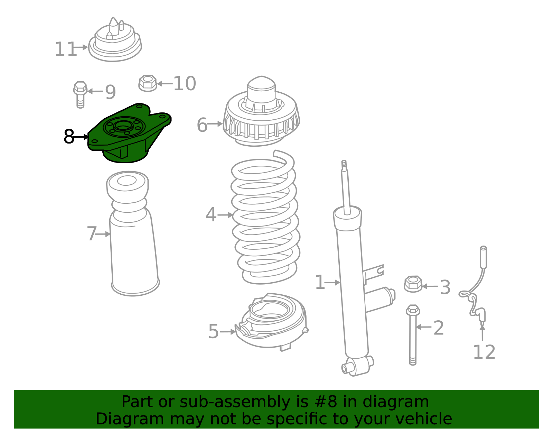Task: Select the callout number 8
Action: [x=69, y=137]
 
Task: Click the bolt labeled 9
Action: [x=80, y=94]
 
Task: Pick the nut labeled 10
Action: [x=148, y=83]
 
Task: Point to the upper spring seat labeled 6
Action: [x=261, y=114]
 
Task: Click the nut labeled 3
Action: [x=413, y=284]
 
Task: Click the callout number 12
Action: [x=484, y=352]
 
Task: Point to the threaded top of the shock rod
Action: [x=344, y=165]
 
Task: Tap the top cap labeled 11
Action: [x=115, y=42]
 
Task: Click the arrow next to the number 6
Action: [x=215, y=123]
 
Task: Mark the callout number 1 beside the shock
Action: [x=320, y=283]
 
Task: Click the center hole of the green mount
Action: [x=122, y=127]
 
